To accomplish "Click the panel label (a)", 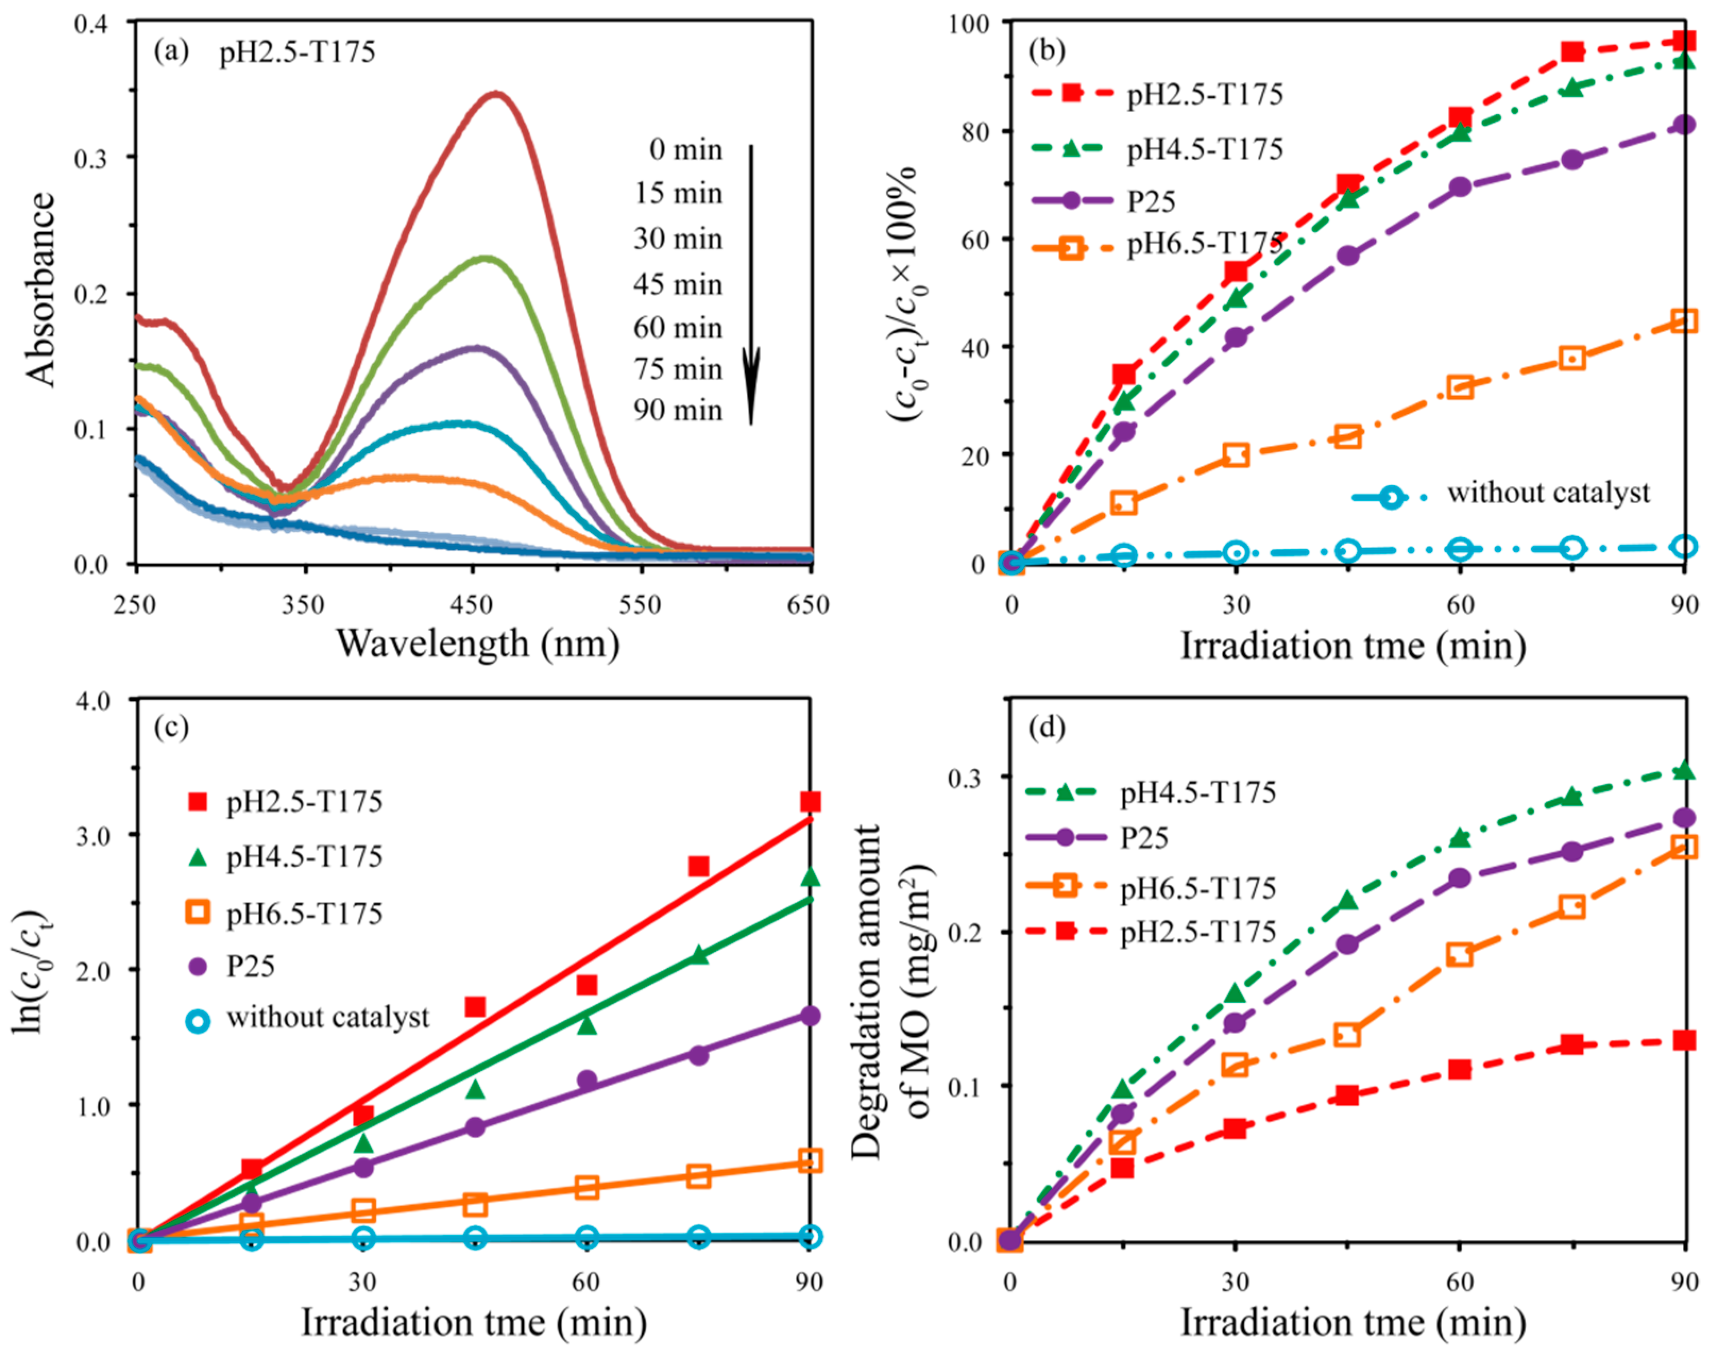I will tap(171, 53).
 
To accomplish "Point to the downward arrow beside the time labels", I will tap(750, 285).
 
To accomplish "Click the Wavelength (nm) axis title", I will tap(478, 642).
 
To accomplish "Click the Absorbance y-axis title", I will tap(41, 290).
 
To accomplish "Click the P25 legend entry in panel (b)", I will tap(1151, 201).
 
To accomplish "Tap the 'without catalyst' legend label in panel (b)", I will tap(1548, 493).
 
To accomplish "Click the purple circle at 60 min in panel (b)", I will tap(1460, 187).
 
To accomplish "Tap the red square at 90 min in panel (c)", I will tap(810, 802).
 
